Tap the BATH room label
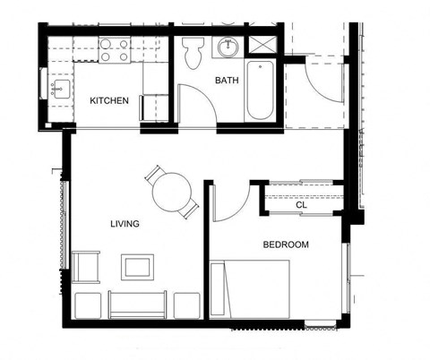(227, 81)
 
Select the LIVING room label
(125, 224)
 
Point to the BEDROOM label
(286, 244)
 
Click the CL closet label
(302, 205)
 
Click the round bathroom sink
(228, 47)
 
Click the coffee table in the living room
(137, 267)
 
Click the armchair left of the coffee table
(86, 267)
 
